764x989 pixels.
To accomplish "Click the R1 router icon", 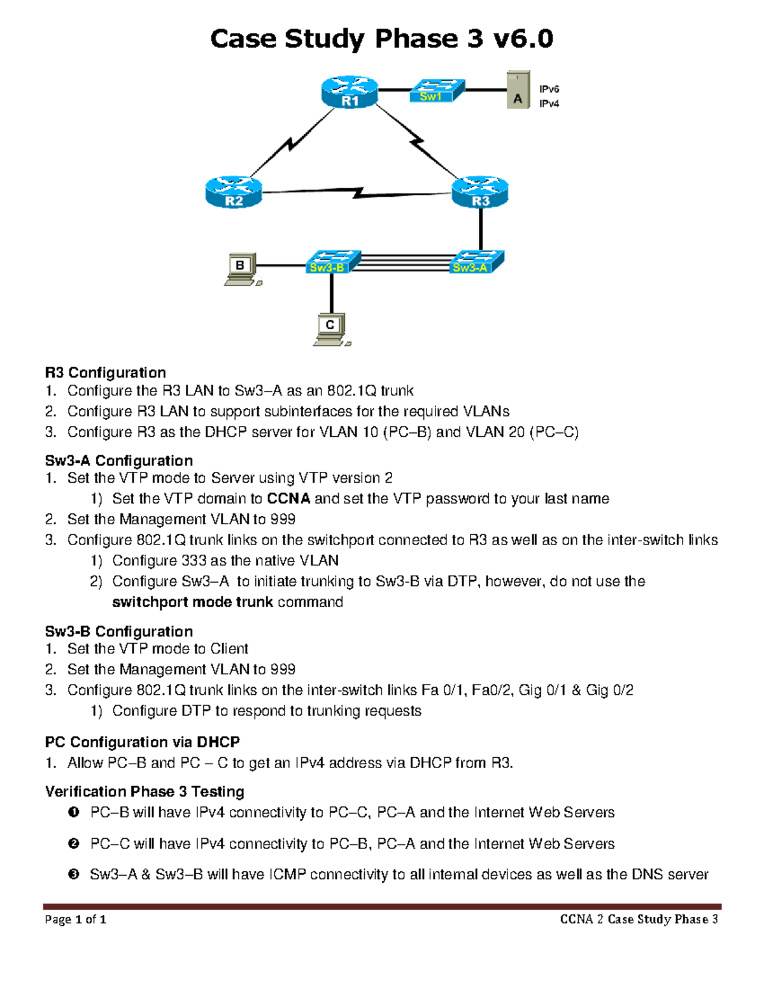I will [x=350, y=92].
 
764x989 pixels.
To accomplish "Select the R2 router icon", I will [x=234, y=192].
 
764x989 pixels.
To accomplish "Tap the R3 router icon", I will [x=480, y=192].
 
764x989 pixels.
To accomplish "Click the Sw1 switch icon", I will [x=436, y=90].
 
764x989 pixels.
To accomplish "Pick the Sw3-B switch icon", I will [x=332, y=262].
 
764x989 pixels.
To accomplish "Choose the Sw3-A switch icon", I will [x=476, y=262].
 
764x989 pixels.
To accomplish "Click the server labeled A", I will [x=518, y=90].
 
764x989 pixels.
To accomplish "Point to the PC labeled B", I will [x=242, y=269].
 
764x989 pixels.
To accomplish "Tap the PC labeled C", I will [x=331, y=329].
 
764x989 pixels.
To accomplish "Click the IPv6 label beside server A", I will [x=549, y=89].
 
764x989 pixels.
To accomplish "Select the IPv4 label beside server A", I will [x=549, y=104].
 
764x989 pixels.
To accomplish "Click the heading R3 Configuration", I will [x=105, y=373].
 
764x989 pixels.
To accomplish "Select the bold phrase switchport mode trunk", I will [x=192, y=602].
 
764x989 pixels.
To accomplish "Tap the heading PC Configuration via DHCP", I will [x=142, y=742].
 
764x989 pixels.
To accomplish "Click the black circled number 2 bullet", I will [x=74, y=844].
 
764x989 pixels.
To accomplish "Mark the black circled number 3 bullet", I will [x=74, y=874].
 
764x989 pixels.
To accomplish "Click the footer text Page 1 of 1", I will [x=75, y=919].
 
